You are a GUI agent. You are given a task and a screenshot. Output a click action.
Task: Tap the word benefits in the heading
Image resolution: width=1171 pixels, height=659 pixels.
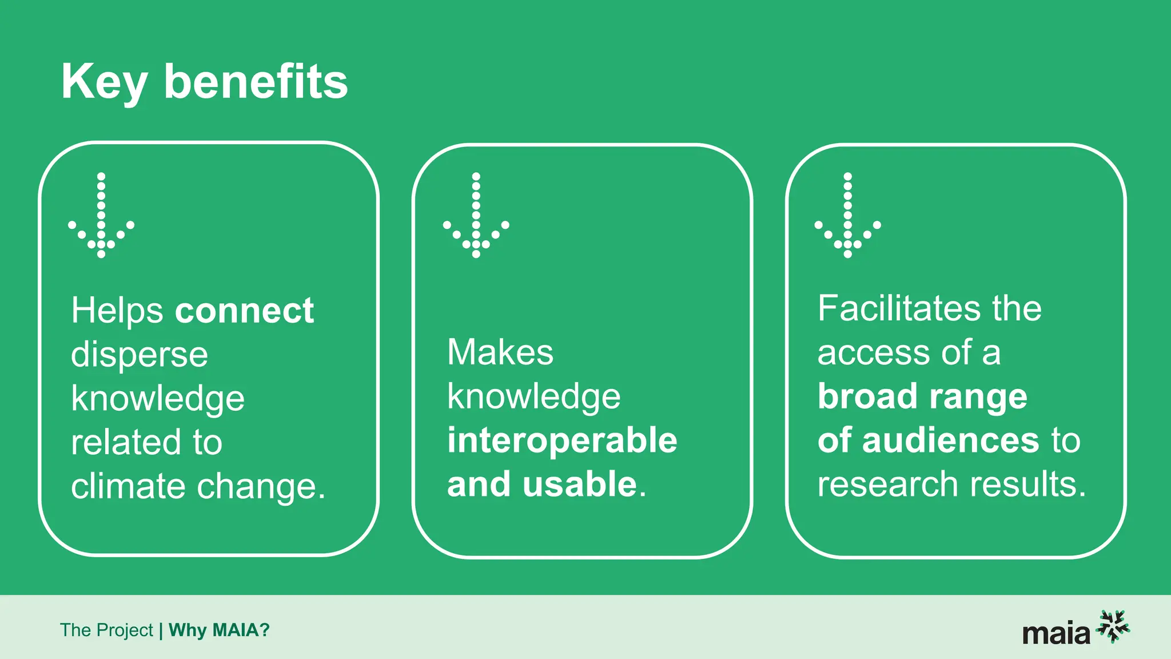256,82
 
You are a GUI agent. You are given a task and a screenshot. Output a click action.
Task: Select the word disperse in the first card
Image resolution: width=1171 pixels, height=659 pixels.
140,355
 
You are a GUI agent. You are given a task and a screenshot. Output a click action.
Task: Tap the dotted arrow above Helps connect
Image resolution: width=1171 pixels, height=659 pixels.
101,216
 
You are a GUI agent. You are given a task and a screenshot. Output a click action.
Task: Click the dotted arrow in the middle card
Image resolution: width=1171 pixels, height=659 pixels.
476,216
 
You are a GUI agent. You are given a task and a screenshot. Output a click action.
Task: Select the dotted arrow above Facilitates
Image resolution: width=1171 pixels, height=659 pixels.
847,216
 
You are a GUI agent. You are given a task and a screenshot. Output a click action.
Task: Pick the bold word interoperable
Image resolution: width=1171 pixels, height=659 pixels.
562,440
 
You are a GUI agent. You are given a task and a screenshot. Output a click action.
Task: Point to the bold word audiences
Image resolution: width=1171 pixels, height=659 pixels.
950,440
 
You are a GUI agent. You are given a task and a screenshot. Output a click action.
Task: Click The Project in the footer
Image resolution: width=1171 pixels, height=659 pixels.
106,630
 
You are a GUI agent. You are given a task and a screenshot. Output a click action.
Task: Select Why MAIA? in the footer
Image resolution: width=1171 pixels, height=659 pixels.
219,630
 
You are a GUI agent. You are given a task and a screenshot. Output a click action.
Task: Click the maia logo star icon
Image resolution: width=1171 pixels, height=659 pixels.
1113,626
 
